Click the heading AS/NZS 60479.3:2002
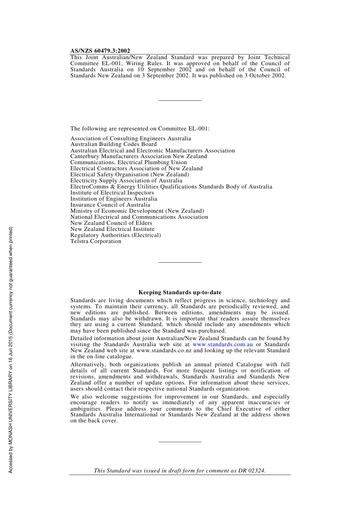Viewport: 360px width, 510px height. [100, 51]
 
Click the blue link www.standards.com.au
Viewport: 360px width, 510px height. [222, 344]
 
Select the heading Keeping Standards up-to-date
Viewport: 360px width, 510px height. [180, 292]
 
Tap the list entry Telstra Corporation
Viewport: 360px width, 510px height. [96, 241]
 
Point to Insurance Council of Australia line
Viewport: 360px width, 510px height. [110, 205]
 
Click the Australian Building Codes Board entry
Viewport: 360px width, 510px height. [113, 144]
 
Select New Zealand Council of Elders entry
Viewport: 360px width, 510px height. [111, 223]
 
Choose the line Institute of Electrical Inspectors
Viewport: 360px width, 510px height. [112, 193]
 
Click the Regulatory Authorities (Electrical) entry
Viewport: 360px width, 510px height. [116, 235]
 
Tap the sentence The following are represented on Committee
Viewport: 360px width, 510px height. [140, 129]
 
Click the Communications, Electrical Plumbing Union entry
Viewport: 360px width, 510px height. [128, 162]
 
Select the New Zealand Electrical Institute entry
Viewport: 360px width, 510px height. [112, 229]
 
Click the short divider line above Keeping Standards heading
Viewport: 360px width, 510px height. [180, 262]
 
